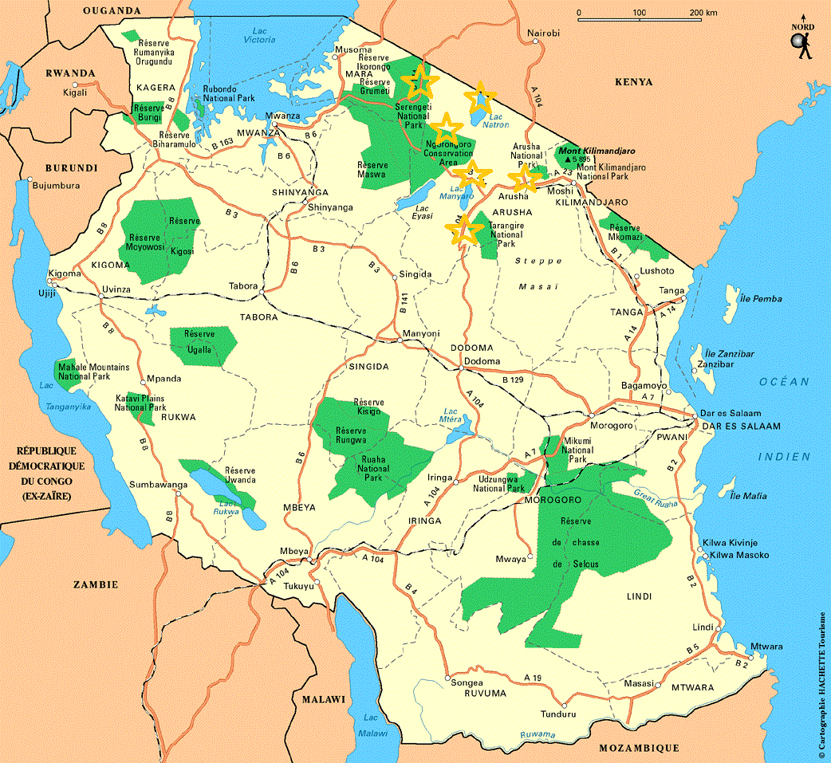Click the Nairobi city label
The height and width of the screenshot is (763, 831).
click(545, 33)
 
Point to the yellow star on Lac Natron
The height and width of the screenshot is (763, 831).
click(481, 100)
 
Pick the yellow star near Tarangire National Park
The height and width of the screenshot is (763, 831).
click(464, 230)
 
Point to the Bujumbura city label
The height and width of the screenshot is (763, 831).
click(55, 186)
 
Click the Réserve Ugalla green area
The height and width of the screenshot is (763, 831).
click(203, 341)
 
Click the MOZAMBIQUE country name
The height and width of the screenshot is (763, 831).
click(639, 748)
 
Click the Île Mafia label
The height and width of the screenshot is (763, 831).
click(748, 495)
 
